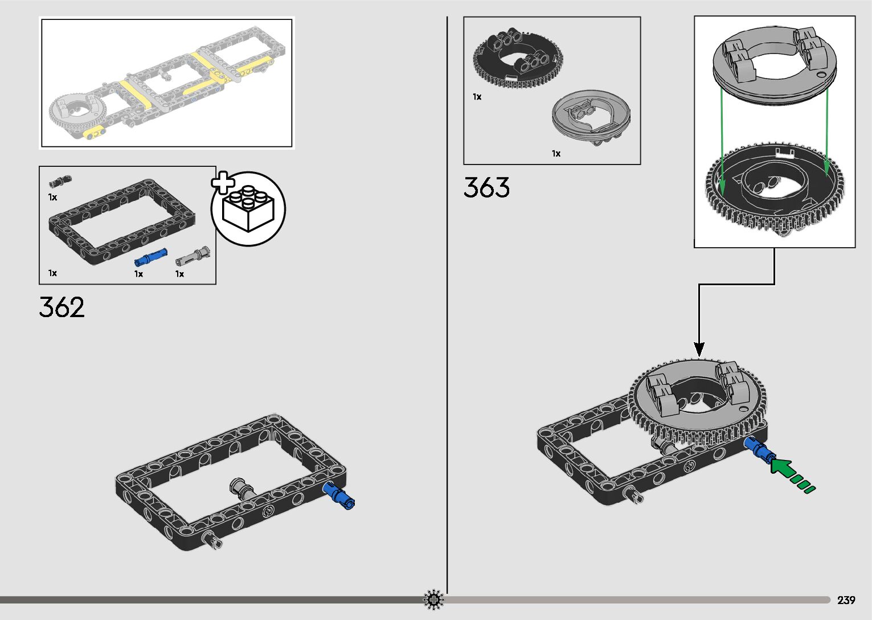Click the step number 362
point(62,307)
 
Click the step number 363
point(486,187)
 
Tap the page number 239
point(846,600)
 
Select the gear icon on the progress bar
point(433,600)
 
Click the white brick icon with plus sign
point(248,208)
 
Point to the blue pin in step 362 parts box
point(151,257)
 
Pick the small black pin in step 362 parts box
point(60,182)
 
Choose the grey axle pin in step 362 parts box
point(193,256)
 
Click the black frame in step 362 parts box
point(122,221)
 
